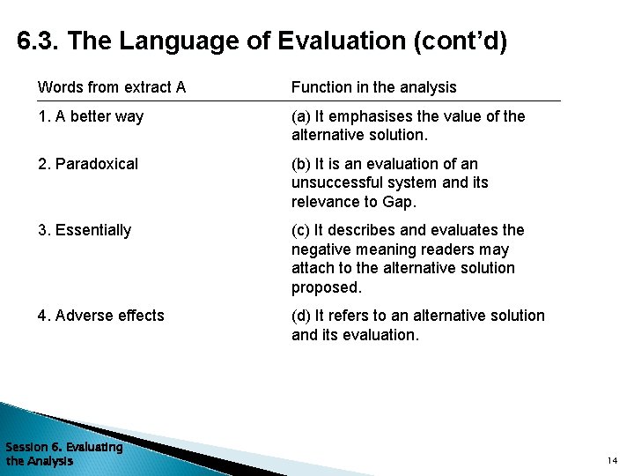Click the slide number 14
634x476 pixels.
(x=612, y=461)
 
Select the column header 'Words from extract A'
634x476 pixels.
(x=111, y=87)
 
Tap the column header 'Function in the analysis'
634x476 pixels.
(x=373, y=87)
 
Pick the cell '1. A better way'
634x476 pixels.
(x=90, y=116)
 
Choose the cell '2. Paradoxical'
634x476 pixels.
(x=87, y=164)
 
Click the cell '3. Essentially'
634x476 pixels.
(x=84, y=230)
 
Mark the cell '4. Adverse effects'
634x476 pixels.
(x=100, y=316)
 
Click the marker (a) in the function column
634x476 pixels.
(x=301, y=116)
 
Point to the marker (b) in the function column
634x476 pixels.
(x=301, y=164)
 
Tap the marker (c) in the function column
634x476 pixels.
(x=301, y=230)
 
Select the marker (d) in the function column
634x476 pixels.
(x=301, y=316)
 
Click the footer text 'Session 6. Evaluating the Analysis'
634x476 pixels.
(x=63, y=454)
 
